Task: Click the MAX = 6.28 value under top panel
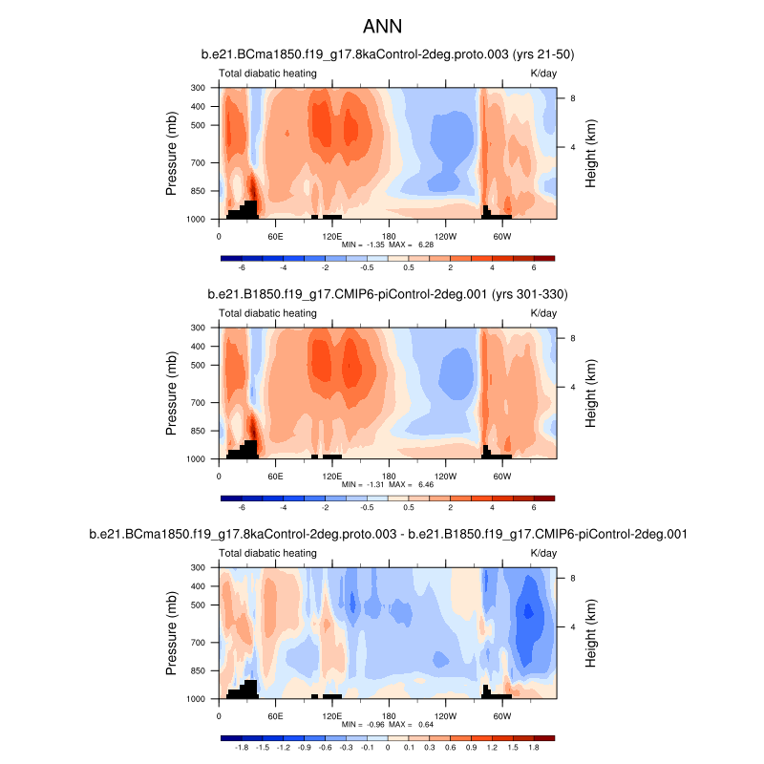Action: (407, 245)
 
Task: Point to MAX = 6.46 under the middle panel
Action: (407, 485)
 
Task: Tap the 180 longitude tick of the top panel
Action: (389, 236)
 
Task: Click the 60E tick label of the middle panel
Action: (275, 476)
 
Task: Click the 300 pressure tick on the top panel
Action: (199, 88)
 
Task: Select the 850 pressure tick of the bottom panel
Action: (199, 670)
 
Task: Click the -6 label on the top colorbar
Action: (242, 268)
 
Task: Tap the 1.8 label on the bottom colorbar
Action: (534, 748)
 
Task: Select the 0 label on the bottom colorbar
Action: (388, 748)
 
